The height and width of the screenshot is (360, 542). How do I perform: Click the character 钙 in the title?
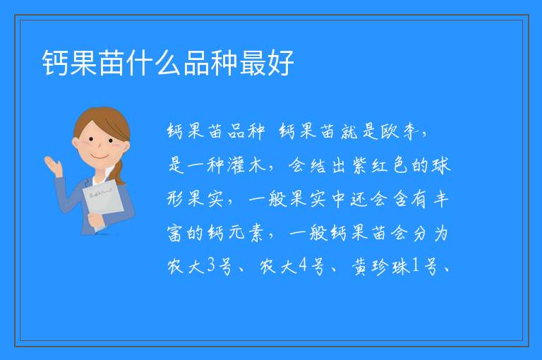[56, 63]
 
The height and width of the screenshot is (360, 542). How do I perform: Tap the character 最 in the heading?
[252, 63]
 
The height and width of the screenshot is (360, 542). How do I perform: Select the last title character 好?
[280, 63]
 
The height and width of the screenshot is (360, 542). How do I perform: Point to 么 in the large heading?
[168, 63]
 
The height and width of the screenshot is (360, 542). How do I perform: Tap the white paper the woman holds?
[103, 201]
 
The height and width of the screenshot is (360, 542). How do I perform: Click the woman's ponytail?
[119, 172]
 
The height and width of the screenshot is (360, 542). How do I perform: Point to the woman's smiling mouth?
[101, 157]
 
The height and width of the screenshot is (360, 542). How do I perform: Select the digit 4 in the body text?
[303, 265]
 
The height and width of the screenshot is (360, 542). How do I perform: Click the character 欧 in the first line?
[390, 131]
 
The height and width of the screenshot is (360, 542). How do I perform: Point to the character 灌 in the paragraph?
[236, 165]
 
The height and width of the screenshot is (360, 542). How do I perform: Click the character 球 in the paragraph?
[441, 165]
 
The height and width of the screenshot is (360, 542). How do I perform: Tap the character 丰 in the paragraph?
[440, 198]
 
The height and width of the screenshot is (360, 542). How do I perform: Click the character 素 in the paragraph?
[255, 232]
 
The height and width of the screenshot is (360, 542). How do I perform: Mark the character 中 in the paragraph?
[339, 198]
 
